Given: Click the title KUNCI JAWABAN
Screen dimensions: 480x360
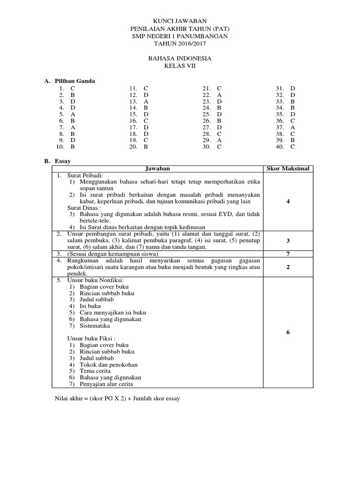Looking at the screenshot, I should point(180,21).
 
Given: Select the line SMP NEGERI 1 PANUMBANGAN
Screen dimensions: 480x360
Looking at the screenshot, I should point(180,36).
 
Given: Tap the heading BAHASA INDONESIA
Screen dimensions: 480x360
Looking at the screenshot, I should point(180,59).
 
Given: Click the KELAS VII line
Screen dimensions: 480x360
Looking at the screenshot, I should point(180,66).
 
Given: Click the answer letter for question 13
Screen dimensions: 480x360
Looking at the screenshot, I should point(146,101).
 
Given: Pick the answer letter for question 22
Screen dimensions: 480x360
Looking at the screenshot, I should point(219,95).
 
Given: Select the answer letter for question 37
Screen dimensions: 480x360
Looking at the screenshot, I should point(292,127).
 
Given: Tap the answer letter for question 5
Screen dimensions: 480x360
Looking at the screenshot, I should point(73,114).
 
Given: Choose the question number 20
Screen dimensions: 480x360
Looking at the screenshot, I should point(133,147).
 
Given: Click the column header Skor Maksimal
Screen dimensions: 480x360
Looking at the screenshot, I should point(288,168).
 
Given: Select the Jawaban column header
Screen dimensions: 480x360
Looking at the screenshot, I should point(157,168).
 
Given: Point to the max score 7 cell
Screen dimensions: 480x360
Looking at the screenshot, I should point(288,254).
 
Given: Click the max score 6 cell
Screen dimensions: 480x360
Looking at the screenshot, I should point(288,332).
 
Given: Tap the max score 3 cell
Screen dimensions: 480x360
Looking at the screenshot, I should point(288,240).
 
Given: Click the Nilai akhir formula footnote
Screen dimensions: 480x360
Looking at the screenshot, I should point(117,398).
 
